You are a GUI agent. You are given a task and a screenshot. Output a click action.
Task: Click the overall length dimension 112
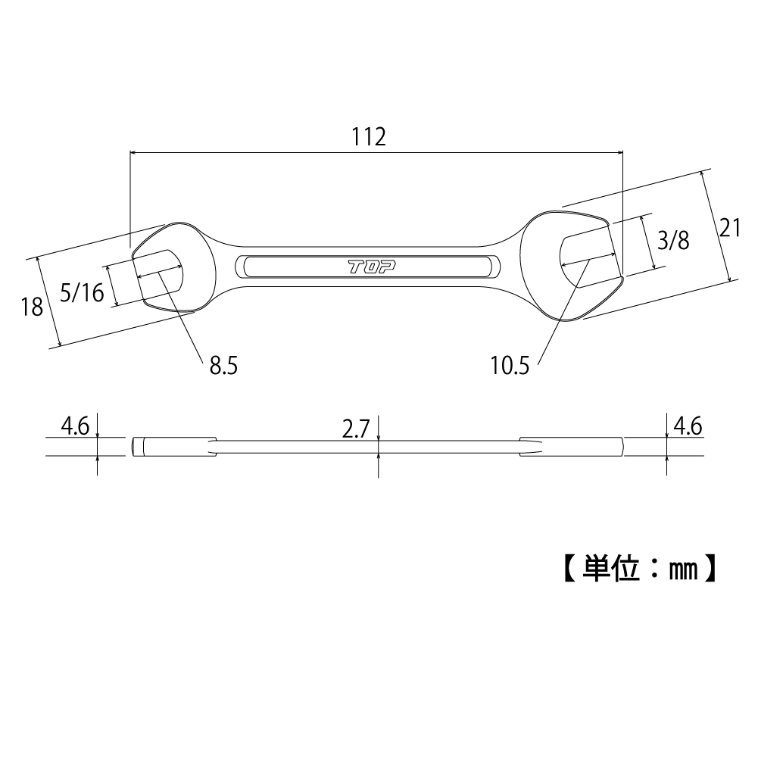tap(369, 137)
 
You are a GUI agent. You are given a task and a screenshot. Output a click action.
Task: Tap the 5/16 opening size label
tap(82, 292)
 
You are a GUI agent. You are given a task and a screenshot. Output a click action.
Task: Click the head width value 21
tap(729, 227)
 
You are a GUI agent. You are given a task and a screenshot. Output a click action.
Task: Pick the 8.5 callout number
tap(223, 367)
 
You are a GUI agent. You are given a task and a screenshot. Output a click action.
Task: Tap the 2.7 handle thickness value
tap(354, 430)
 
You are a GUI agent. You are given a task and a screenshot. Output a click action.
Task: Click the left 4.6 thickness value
tap(76, 426)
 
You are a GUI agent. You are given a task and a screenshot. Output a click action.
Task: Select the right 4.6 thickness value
tap(687, 426)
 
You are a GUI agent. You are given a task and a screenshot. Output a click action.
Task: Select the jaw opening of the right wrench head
tap(588, 257)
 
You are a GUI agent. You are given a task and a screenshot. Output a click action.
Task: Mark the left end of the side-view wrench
tap(134, 447)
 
